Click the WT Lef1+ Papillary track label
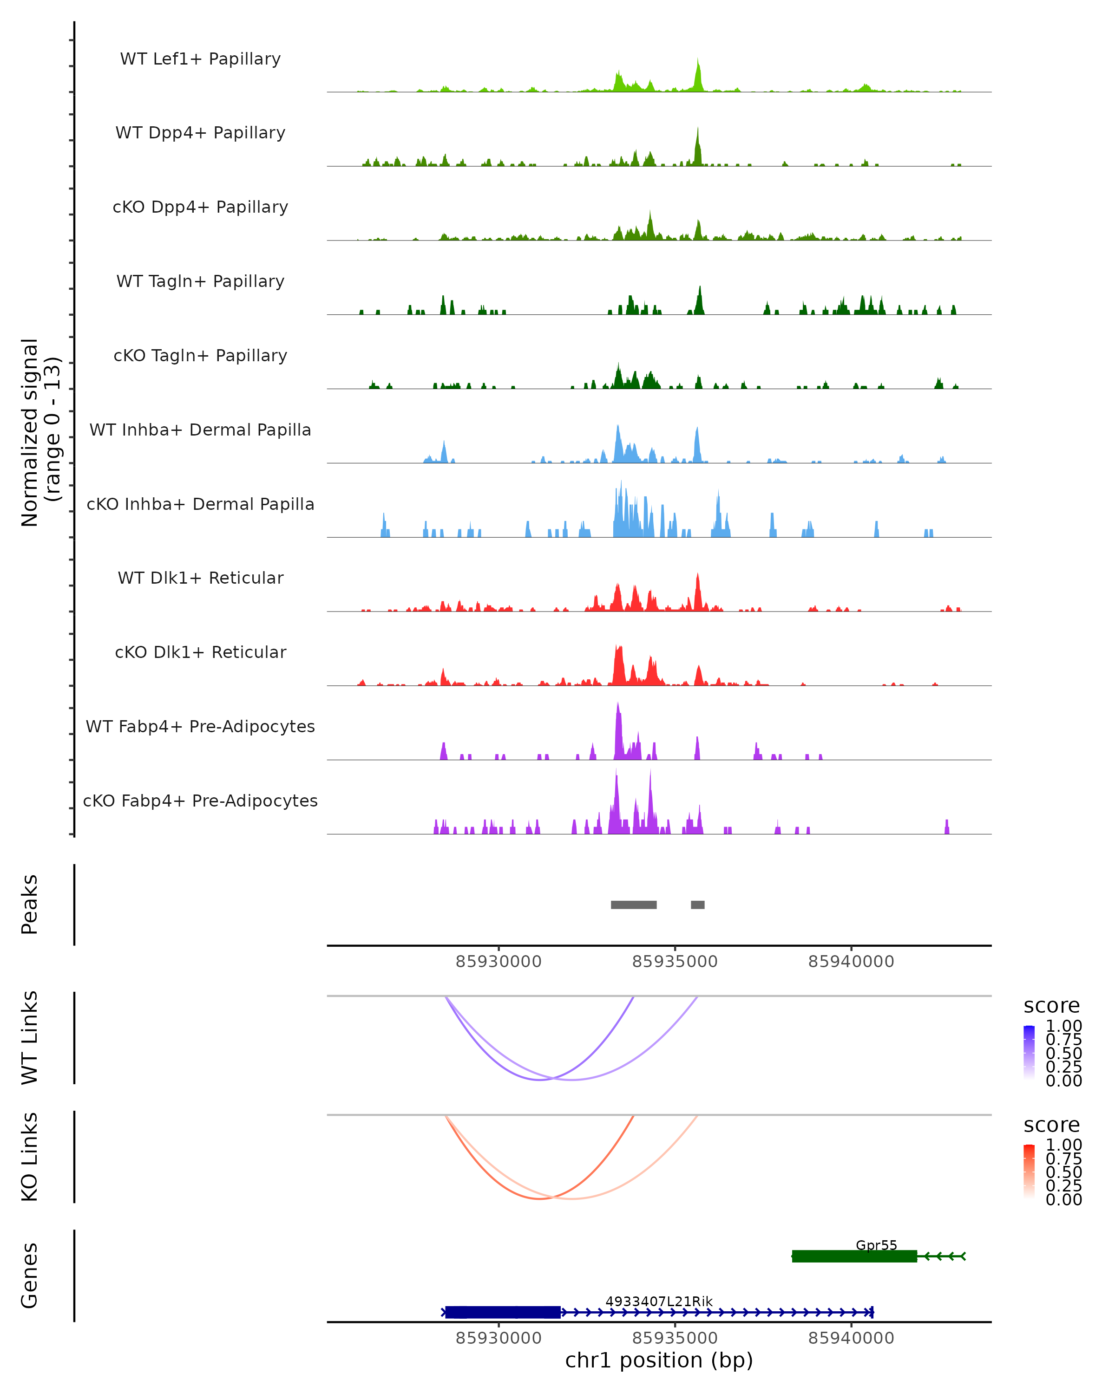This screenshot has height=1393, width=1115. click(x=200, y=59)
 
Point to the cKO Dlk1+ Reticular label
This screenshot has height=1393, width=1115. click(x=200, y=652)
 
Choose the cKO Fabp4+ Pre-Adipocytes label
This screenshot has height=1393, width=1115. click(x=200, y=801)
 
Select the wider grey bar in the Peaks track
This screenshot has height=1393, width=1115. click(x=633, y=905)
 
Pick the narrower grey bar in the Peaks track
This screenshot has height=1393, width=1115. click(x=697, y=905)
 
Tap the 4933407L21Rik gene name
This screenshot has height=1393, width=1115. click(x=659, y=1301)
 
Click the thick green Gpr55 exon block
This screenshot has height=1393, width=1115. click(x=854, y=1256)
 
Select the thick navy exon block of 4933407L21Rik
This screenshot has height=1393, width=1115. click(x=503, y=1312)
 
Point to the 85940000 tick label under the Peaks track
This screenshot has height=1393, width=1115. click(x=851, y=962)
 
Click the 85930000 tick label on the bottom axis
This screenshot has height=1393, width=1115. click(x=498, y=1338)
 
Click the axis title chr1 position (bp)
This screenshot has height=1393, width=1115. click(x=659, y=1360)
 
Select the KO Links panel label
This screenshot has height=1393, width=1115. click(x=30, y=1157)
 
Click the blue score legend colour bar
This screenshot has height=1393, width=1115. click(x=1029, y=1052)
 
